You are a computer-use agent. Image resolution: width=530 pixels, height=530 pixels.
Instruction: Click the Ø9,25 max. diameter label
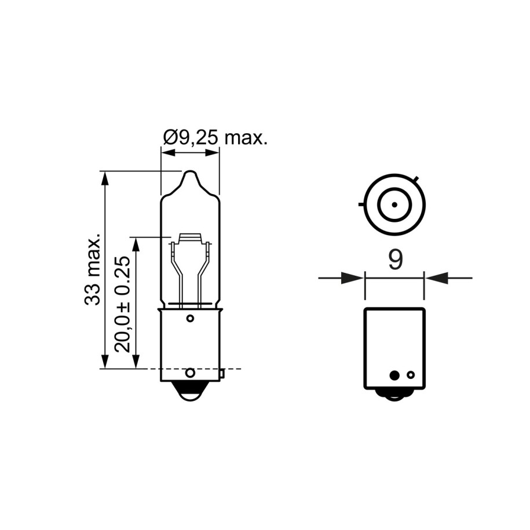[x=215, y=137]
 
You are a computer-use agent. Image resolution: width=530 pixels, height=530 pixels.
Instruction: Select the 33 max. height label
[x=93, y=269]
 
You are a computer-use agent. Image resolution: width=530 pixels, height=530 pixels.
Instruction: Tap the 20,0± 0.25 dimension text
[x=122, y=304]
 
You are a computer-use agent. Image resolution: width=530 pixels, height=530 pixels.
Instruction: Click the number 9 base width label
[x=395, y=260]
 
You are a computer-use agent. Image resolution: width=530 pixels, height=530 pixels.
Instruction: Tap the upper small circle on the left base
[x=191, y=318]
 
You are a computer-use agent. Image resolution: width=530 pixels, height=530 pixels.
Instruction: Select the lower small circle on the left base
[x=191, y=373]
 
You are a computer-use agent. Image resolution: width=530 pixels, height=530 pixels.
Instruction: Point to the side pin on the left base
[x=222, y=374]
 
